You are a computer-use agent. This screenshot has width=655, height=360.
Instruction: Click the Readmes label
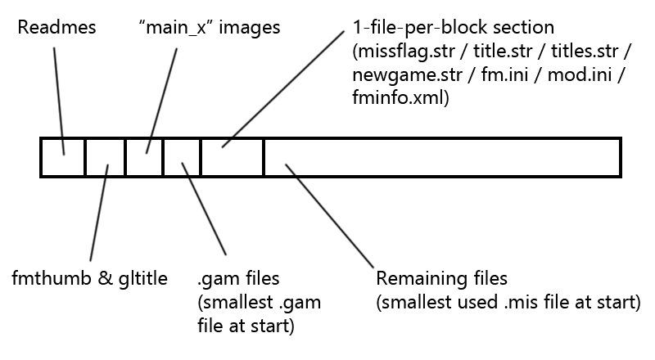tap(56, 28)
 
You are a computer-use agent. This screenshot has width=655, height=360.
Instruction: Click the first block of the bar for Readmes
tap(63, 158)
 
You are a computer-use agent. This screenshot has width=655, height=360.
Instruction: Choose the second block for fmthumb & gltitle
tap(105, 158)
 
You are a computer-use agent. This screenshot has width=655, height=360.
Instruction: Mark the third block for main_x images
tap(144, 158)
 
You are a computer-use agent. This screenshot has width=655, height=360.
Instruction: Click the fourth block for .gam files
tap(182, 158)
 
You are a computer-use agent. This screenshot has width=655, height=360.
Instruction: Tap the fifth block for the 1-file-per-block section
tap(232, 158)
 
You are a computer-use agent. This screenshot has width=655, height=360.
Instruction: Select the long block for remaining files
tap(442, 158)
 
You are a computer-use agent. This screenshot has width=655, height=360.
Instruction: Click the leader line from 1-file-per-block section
tap(282, 90)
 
